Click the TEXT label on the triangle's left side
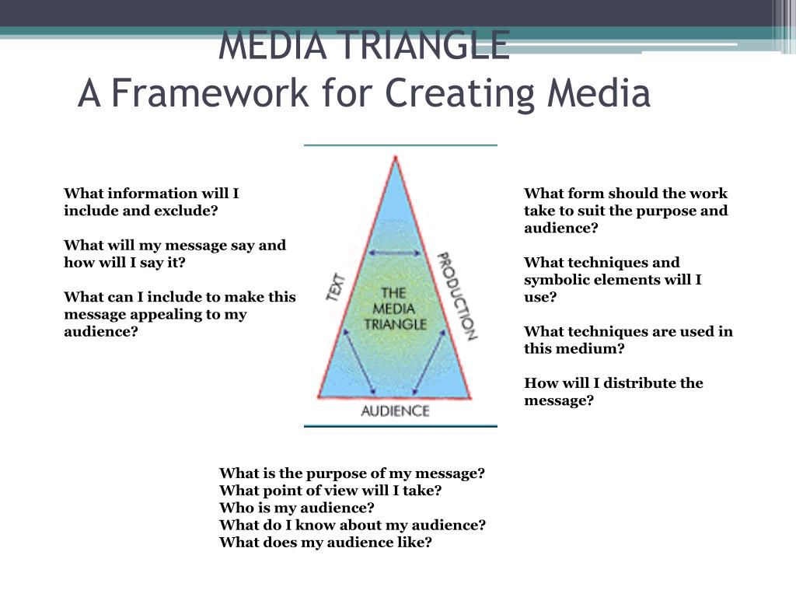tap(337, 286)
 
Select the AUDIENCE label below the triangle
tap(395, 410)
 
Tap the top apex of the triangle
tap(396, 158)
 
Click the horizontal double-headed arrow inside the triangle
tap(395, 252)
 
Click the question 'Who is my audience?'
tap(297, 508)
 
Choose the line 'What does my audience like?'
tap(325, 543)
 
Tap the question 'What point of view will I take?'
tap(330, 491)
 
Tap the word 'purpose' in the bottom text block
tap(339, 473)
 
